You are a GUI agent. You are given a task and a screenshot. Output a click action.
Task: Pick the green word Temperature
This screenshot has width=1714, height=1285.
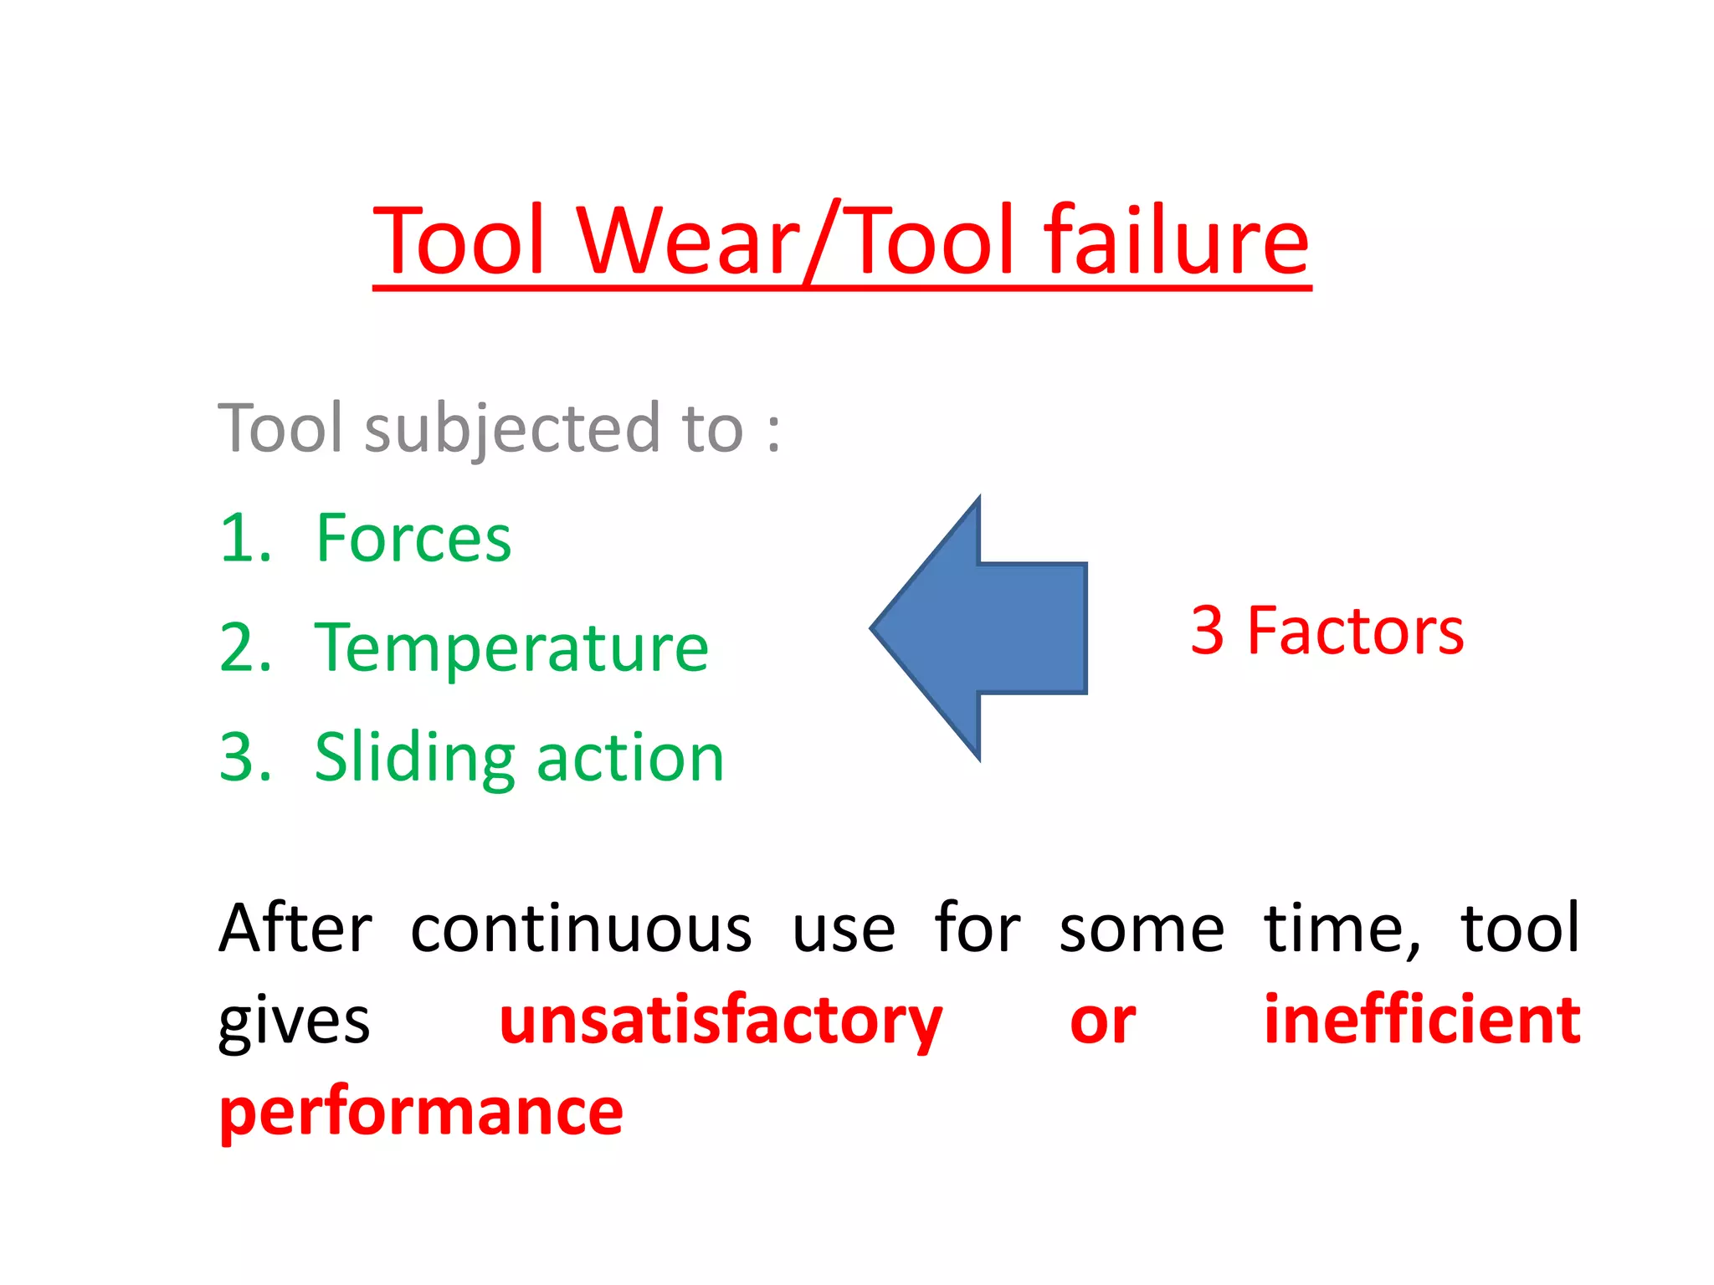point(511,648)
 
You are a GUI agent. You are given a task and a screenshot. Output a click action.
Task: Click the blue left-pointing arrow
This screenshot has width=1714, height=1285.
point(979,628)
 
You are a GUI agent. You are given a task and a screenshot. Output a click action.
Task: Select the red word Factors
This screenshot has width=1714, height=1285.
point(1355,631)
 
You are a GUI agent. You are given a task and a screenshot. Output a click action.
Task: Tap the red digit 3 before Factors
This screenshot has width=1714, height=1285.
point(1208,631)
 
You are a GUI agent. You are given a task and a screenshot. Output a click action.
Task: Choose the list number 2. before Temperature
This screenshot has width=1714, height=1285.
point(245,648)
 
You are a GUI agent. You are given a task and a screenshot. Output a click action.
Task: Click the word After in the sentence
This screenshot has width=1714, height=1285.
point(295,929)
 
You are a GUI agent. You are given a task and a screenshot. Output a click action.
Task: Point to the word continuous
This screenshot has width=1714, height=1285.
point(581,929)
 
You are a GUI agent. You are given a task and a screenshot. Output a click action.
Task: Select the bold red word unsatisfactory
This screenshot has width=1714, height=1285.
point(721,1021)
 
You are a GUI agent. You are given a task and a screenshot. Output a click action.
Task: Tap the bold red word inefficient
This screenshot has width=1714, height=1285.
point(1422,1020)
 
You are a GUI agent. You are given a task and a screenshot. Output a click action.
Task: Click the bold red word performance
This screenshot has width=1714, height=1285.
point(421,1113)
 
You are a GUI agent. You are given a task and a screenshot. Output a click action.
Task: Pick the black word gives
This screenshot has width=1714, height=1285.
point(294,1021)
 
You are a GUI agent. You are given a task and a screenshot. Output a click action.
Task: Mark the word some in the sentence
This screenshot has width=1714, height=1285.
point(1142,929)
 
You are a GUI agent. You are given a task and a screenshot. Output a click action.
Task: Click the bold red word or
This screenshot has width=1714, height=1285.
point(1102,1021)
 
